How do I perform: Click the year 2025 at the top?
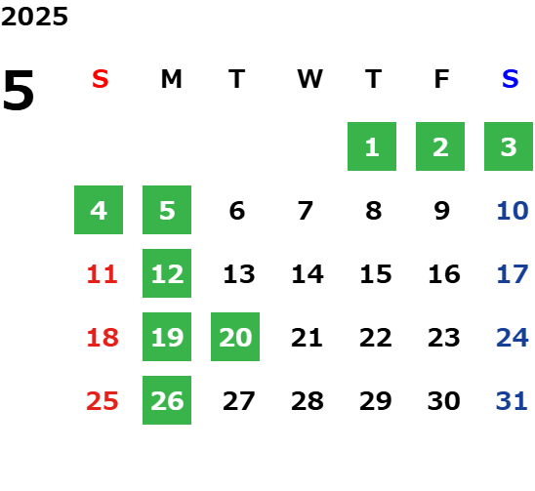click(x=34, y=17)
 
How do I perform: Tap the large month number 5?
click(x=19, y=90)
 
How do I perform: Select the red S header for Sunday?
click(x=101, y=79)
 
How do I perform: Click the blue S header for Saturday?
click(x=510, y=79)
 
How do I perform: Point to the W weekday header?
click(x=309, y=79)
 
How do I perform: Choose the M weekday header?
click(x=171, y=79)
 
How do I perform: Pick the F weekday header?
click(x=442, y=79)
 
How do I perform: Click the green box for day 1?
click(x=372, y=146)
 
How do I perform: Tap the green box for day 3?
click(x=509, y=146)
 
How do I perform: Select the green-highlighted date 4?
click(x=99, y=210)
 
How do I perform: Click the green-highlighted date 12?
click(x=167, y=273)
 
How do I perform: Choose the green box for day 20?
click(x=235, y=337)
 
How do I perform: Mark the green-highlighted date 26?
click(x=167, y=400)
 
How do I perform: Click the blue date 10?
click(x=513, y=211)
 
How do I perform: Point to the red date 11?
click(x=103, y=274)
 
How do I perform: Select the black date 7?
click(x=306, y=211)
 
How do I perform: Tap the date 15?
click(x=376, y=274)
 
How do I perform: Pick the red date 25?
click(x=103, y=401)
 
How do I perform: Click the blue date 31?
click(x=512, y=401)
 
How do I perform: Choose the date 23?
click(x=444, y=338)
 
